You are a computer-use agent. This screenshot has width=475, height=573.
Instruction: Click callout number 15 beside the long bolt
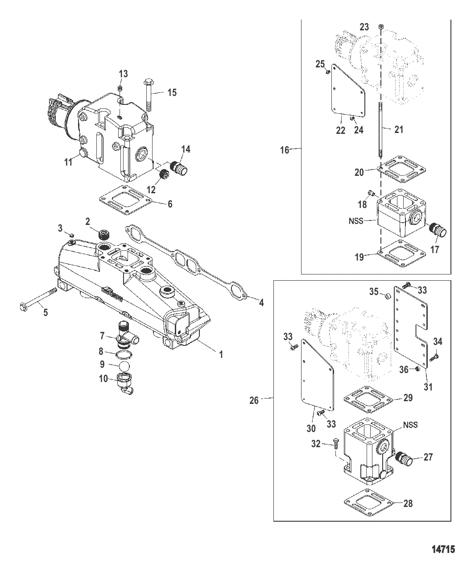pyautogui.click(x=172, y=92)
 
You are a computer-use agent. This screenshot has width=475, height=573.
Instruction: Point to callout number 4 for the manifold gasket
pyautogui.click(x=261, y=303)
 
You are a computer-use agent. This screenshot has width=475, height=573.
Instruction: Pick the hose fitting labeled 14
pyautogui.click(x=179, y=168)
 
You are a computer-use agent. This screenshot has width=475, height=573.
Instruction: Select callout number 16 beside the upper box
pyautogui.click(x=285, y=150)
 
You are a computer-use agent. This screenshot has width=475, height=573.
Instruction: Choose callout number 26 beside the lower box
pyautogui.click(x=254, y=400)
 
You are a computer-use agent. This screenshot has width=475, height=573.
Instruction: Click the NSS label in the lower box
pyautogui.click(x=410, y=425)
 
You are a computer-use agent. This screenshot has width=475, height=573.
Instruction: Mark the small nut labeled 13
pyautogui.click(x=120, y=88)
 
